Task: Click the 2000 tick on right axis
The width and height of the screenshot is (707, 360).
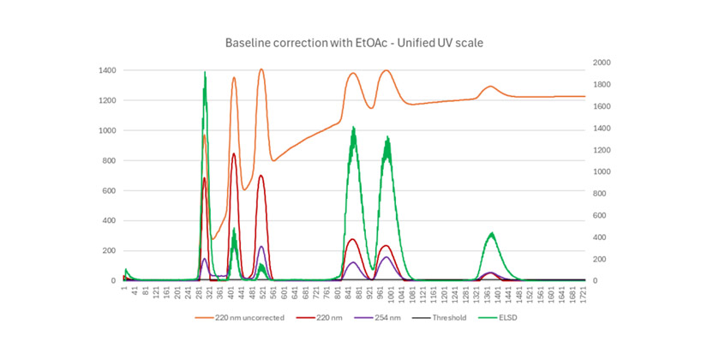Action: [603, 63]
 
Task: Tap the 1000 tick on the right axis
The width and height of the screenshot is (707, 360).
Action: [603, 171]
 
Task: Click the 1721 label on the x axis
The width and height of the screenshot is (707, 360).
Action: [584, 297]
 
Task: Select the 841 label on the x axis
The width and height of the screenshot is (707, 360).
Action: [351, 296]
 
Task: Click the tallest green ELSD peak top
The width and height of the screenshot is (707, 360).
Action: [205, 74]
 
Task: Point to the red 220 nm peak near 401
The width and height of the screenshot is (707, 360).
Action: [234, 154]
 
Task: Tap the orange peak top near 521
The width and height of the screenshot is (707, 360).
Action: [261, 70]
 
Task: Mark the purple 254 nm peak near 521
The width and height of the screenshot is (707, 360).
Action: [261, 247]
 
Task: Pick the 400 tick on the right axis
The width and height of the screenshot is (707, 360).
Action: [601, 237]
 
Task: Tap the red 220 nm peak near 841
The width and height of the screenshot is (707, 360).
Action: [352, 240]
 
